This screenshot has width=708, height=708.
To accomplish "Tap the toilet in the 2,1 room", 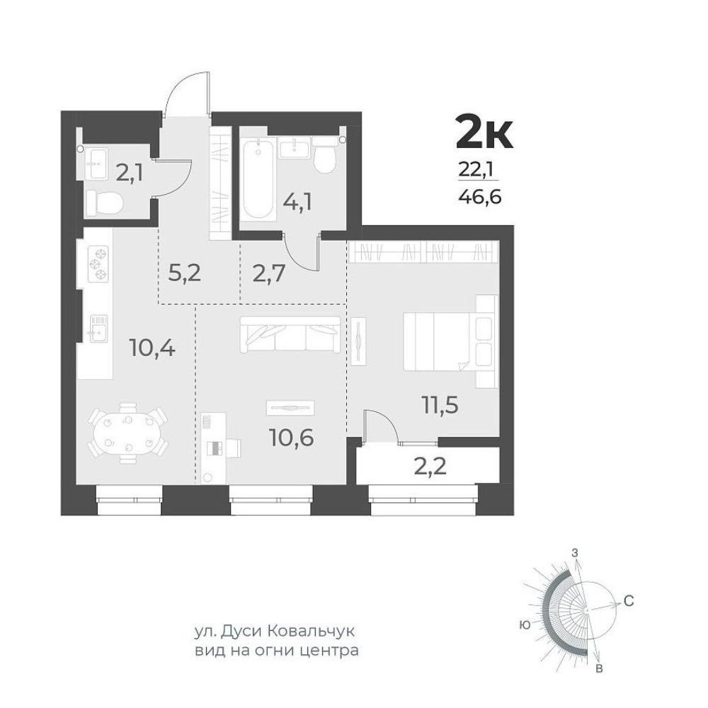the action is (x=104, y=202).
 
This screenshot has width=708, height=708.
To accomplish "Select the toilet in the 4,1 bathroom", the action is (x=325, y=156).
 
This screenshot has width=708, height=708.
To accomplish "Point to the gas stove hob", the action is (x=98, y=263).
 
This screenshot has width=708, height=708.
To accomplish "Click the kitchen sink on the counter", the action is (x=98, y=329).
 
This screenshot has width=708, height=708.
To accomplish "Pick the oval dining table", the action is (x=127, y=433).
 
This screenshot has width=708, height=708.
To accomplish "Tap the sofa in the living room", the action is (x=290, y=335).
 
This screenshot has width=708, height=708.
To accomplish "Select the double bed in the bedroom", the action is (x=450, y=341).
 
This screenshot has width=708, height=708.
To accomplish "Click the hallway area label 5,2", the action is (x=184, y=273).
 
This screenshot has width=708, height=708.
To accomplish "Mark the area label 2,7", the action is (x=268, y=273).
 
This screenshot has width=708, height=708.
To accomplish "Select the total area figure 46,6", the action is (x=480, y=197).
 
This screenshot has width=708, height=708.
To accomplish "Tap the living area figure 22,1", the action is (x=476, y=169).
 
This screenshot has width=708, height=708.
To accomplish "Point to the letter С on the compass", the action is (x=629, y=601).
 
